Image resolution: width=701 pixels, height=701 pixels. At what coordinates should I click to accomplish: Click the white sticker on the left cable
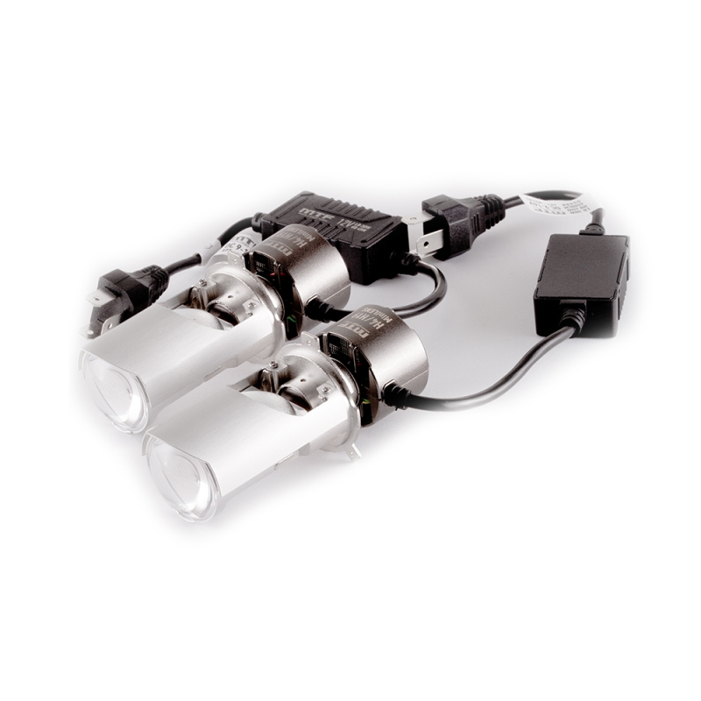225,246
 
